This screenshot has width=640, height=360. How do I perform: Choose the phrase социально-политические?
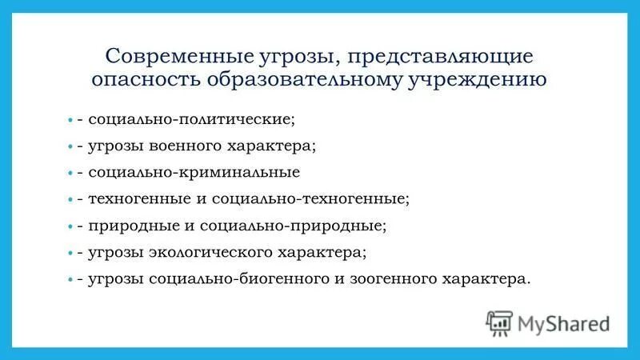[x=192, y=119]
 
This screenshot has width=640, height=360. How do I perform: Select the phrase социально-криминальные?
[x=194, y=172]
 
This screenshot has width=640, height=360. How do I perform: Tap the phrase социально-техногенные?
[x=326, y=199]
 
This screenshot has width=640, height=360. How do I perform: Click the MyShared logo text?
[x=564, y=324]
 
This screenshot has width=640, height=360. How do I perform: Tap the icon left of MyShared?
[x=499, y=323]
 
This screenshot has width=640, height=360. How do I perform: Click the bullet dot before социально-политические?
[x=70, y=120]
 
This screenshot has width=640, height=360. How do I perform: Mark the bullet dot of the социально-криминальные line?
[x=70, y=173]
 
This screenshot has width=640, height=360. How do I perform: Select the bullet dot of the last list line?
[x=70, y=280]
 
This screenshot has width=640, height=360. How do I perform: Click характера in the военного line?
[x=277, y=146]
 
